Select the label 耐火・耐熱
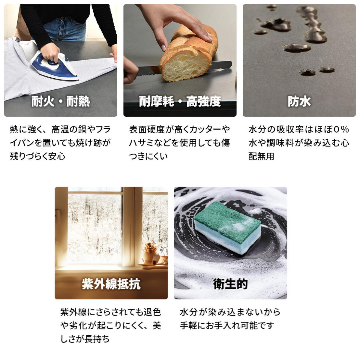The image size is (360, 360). click(61, 102)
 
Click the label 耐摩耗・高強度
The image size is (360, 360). click(180, 102)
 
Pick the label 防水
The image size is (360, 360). click(299, 102)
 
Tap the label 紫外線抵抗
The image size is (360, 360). click(111, 284)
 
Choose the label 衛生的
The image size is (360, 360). click(230, 284)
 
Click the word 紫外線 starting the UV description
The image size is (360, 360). click(73, 312)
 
